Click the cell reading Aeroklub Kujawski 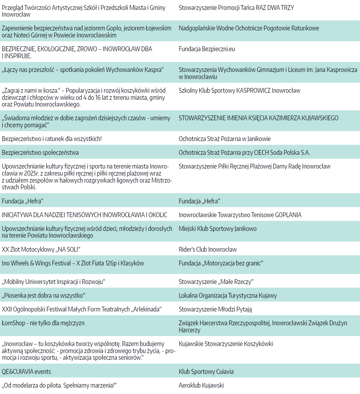pos(201,385)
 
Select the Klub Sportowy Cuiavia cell pos(206,372)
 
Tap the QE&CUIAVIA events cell pos(27,372)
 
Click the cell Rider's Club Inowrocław pos(208,249)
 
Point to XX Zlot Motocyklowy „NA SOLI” pos(41,249)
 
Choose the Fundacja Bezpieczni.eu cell pos(207,49)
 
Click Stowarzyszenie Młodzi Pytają pos(215,309)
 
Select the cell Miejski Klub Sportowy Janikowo pos(218,229)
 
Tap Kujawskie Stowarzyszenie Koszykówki pos(226,344)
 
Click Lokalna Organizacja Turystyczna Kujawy pos(228,295)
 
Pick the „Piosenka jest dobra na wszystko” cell pos(43,295)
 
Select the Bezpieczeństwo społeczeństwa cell pos(40,153)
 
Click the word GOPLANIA pos(288,215)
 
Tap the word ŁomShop pos(13,323)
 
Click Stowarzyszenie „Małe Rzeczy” pos(216,282)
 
